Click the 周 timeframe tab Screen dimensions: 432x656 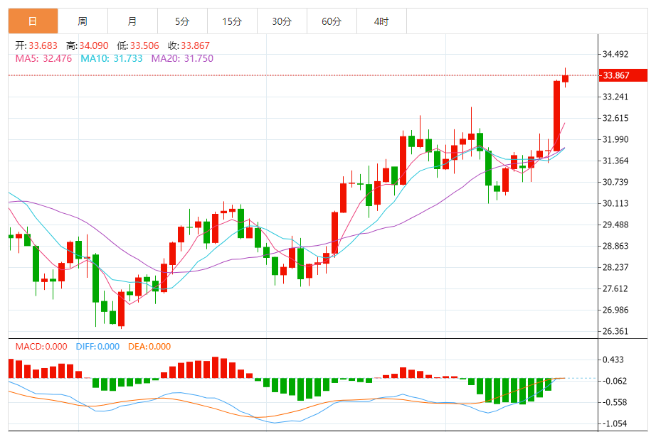[x=83, y=21]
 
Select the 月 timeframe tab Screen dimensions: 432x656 [x=132, y=21]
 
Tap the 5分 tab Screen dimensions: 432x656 [x=182, y=21]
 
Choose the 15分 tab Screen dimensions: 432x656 [x=232, y=21]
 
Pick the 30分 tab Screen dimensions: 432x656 [x=282, y=21]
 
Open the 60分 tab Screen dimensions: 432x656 [x=332, y=21]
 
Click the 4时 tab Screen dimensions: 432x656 [x=381, y=21]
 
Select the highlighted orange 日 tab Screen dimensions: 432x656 [x=33, y=21]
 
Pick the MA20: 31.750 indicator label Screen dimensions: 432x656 [x=182, y=58]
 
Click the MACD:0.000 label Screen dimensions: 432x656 [x=41, y=347]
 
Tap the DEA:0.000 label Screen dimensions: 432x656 [x=149, y=347]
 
